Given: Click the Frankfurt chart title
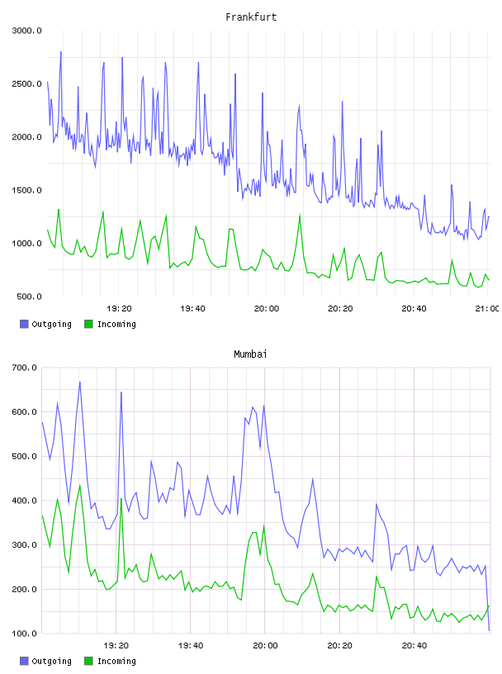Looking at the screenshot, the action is pos(251,17).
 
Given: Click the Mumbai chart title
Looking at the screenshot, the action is pos(250,354).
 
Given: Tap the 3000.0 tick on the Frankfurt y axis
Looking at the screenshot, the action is pos(26,31).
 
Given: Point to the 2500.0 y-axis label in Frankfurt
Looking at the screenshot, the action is pos(26,83).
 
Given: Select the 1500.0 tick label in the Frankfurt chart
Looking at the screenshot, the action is pos(26,191).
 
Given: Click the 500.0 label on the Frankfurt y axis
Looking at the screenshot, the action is pos(29,297).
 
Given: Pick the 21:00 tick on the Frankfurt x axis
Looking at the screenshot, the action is pos(487,309).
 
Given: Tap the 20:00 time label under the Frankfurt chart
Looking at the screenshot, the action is pos(267,309).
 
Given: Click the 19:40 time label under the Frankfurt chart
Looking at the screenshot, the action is pos(192,309).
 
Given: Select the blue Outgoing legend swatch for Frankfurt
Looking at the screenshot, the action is pos(24,324).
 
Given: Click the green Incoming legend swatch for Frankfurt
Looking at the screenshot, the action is pos(88,324).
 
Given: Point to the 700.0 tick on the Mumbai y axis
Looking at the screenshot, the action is pos(25,368).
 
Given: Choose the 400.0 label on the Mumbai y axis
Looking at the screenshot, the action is pos(25,501).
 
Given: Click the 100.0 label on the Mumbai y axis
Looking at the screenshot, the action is pos(25,634).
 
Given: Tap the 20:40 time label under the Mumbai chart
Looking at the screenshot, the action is pos(414,646).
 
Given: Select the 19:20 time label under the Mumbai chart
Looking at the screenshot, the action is pos(116,646).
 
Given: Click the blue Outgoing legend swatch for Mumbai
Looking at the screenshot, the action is pos(24,661).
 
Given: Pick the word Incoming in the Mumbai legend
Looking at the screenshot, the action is pos(116,662).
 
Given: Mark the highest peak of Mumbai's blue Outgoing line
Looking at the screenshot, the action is pos(80,382).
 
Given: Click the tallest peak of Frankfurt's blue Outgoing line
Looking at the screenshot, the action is pos(61,52).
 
